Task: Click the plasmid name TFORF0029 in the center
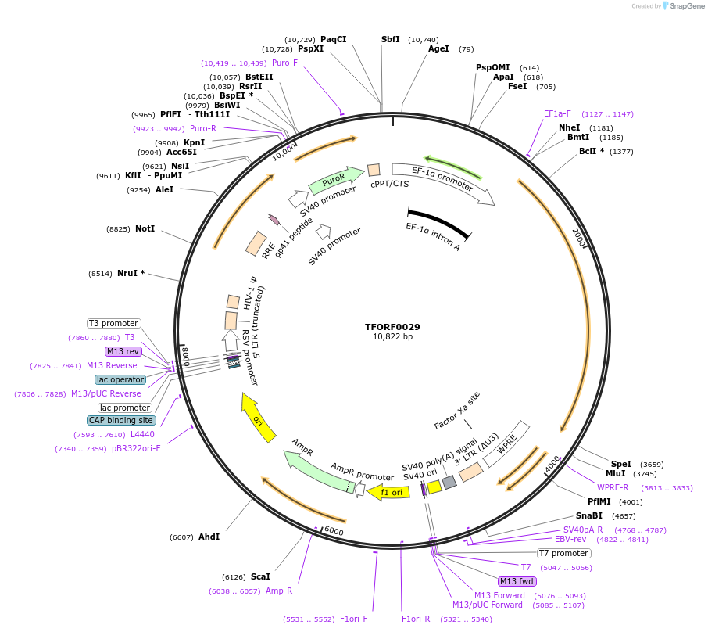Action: [392, 327]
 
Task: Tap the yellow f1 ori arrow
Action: [388, 492]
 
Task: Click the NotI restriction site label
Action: [145, 229]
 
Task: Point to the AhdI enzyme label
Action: [209, 537]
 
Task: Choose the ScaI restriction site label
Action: [260, 576]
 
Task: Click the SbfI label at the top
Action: [390, 39]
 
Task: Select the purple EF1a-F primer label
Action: [557, 113]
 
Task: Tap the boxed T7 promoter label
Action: [563, 553]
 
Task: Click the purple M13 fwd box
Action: [517, 581]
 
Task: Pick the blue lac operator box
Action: [120, 379]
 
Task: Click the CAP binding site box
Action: [121, 420]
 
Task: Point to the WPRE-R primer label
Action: [613, 487]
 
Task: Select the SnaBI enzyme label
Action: [589, 515]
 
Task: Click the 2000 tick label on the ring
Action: [579, 236]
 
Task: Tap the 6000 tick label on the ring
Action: [334, 531]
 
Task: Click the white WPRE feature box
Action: [506, 444]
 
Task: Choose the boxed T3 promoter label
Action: [113, 323]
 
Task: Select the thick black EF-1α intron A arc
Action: [438, 222]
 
